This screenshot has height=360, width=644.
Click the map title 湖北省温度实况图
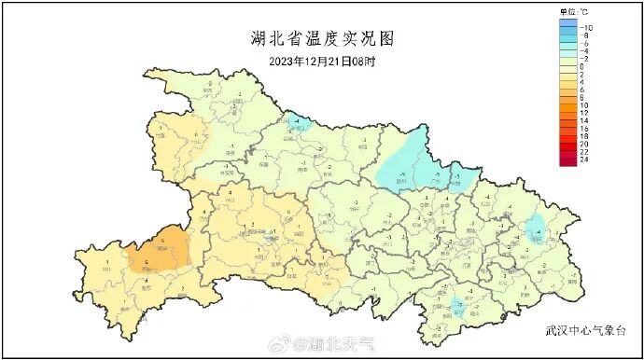point(324,38)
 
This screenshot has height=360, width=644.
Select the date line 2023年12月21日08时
point(322,62)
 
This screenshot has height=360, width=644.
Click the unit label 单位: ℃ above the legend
point(573,12)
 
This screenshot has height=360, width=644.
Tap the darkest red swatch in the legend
point(567,161)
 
